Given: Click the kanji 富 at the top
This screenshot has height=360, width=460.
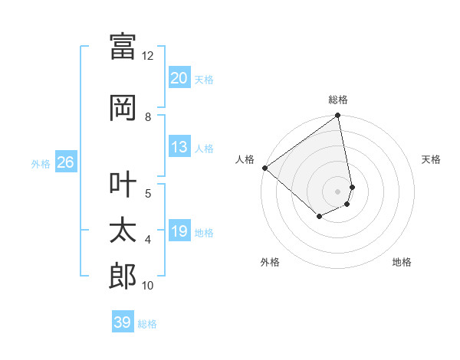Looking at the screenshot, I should (x=123, y=47).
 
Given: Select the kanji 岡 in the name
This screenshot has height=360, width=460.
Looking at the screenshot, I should (x=123, y=108).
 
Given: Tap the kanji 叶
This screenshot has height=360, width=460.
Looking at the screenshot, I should (x=123, y=184).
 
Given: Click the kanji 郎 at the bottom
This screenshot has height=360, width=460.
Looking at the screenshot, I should (x=123, y=277).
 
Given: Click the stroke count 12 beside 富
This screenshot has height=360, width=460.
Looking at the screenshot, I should (x=148, y=56).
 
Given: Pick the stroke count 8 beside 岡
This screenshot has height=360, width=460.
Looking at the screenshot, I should (x=148, y=117).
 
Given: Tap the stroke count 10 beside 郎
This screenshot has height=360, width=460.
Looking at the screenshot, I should (x=148, y=286).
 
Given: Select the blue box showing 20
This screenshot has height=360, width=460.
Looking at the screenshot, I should (x=179, y=78).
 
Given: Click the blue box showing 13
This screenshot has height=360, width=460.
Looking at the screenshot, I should (x=179, y=147).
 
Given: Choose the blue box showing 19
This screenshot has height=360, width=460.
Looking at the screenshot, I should (x=179, y=231).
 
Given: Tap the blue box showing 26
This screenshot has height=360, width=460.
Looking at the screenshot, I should (x=65, y=162).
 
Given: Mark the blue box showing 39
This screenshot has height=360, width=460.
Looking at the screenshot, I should (x=122, y=322).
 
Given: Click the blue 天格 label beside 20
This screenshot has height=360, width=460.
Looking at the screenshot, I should (x=203, y=79).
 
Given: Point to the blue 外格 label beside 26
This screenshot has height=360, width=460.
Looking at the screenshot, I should (x=41, y=163).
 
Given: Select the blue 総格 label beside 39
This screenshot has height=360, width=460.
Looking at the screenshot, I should (x=147, y=324).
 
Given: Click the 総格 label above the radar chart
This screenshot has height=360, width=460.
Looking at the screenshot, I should (x=338, y=100).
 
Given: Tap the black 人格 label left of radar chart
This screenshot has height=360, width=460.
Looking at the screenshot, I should (x=245, y=159).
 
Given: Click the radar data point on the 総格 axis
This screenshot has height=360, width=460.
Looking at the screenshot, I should (x=338, y=116).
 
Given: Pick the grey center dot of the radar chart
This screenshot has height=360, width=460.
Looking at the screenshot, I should (x=337, y=191).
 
